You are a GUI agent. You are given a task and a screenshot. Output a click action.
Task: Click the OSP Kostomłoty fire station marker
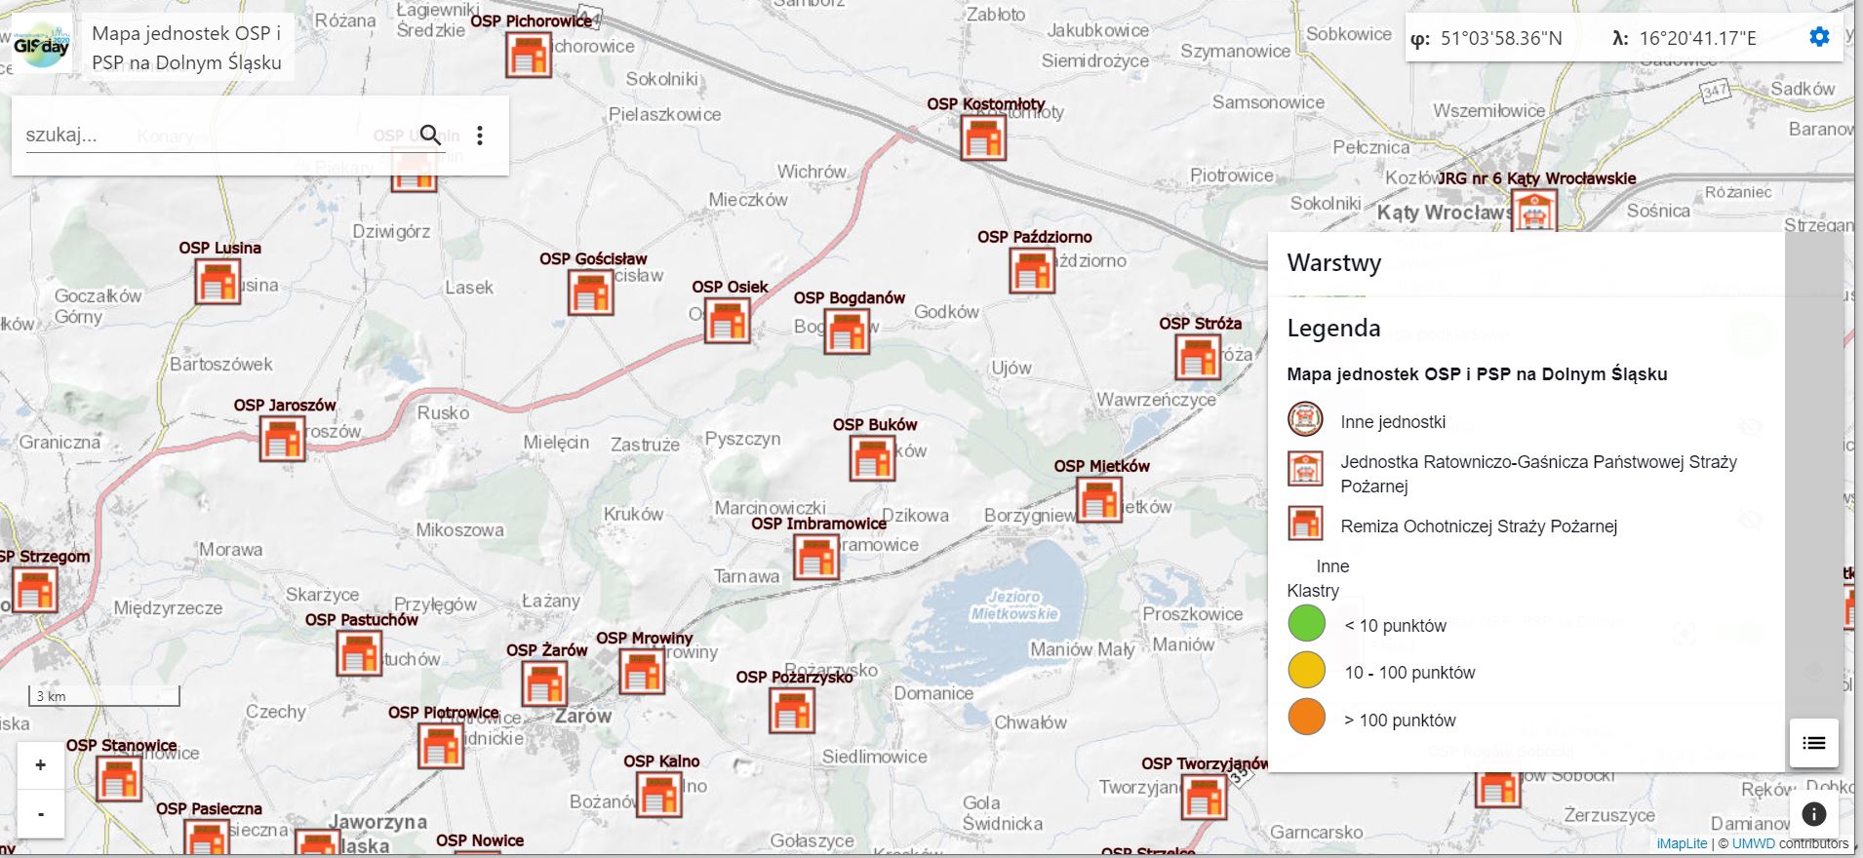click(x=982, y=137)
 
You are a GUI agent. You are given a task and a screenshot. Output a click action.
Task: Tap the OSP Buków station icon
click(x=872, y=458)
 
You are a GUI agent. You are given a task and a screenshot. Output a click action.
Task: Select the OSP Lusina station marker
click(x=217, y=282)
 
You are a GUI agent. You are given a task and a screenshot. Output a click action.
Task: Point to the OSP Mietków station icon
click(x=1099, y=500)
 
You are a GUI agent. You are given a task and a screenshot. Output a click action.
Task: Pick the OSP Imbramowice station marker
click(x=815, y=558)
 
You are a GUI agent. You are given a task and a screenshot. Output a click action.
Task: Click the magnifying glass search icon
click(x=430, y=135)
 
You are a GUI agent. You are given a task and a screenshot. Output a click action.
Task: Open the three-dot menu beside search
click(x=480, y=135)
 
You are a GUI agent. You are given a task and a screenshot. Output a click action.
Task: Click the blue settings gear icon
click(x=1819, y=37)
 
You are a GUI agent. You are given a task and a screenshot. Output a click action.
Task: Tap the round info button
click(x=1813, y=814)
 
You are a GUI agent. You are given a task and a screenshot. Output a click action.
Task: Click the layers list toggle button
click(x=1813, y=743)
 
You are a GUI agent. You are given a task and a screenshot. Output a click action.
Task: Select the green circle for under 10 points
click(x=1306, y=624)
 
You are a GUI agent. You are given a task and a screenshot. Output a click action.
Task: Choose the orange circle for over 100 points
click(x=1306, y=718)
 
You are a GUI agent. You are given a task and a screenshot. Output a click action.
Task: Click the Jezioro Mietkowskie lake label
click(x=1013, y=604)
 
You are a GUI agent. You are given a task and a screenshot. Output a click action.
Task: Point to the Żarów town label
click(x=583, y=716)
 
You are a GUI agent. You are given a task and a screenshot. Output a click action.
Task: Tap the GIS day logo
click(x=42, y=46)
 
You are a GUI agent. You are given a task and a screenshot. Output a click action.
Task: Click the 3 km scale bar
click(x=103, y=696)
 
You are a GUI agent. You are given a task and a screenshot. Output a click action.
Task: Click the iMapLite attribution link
click(x=1681, y=843)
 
